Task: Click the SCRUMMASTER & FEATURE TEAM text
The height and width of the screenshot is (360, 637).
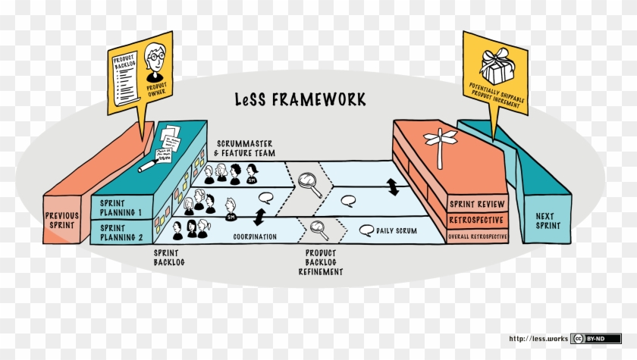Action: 244,149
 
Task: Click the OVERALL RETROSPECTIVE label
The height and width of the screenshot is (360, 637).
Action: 475,236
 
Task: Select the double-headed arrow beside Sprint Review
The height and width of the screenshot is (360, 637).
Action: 393,186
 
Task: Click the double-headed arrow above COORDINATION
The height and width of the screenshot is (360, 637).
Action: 259,217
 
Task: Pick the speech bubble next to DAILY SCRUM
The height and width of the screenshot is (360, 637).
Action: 366,229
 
